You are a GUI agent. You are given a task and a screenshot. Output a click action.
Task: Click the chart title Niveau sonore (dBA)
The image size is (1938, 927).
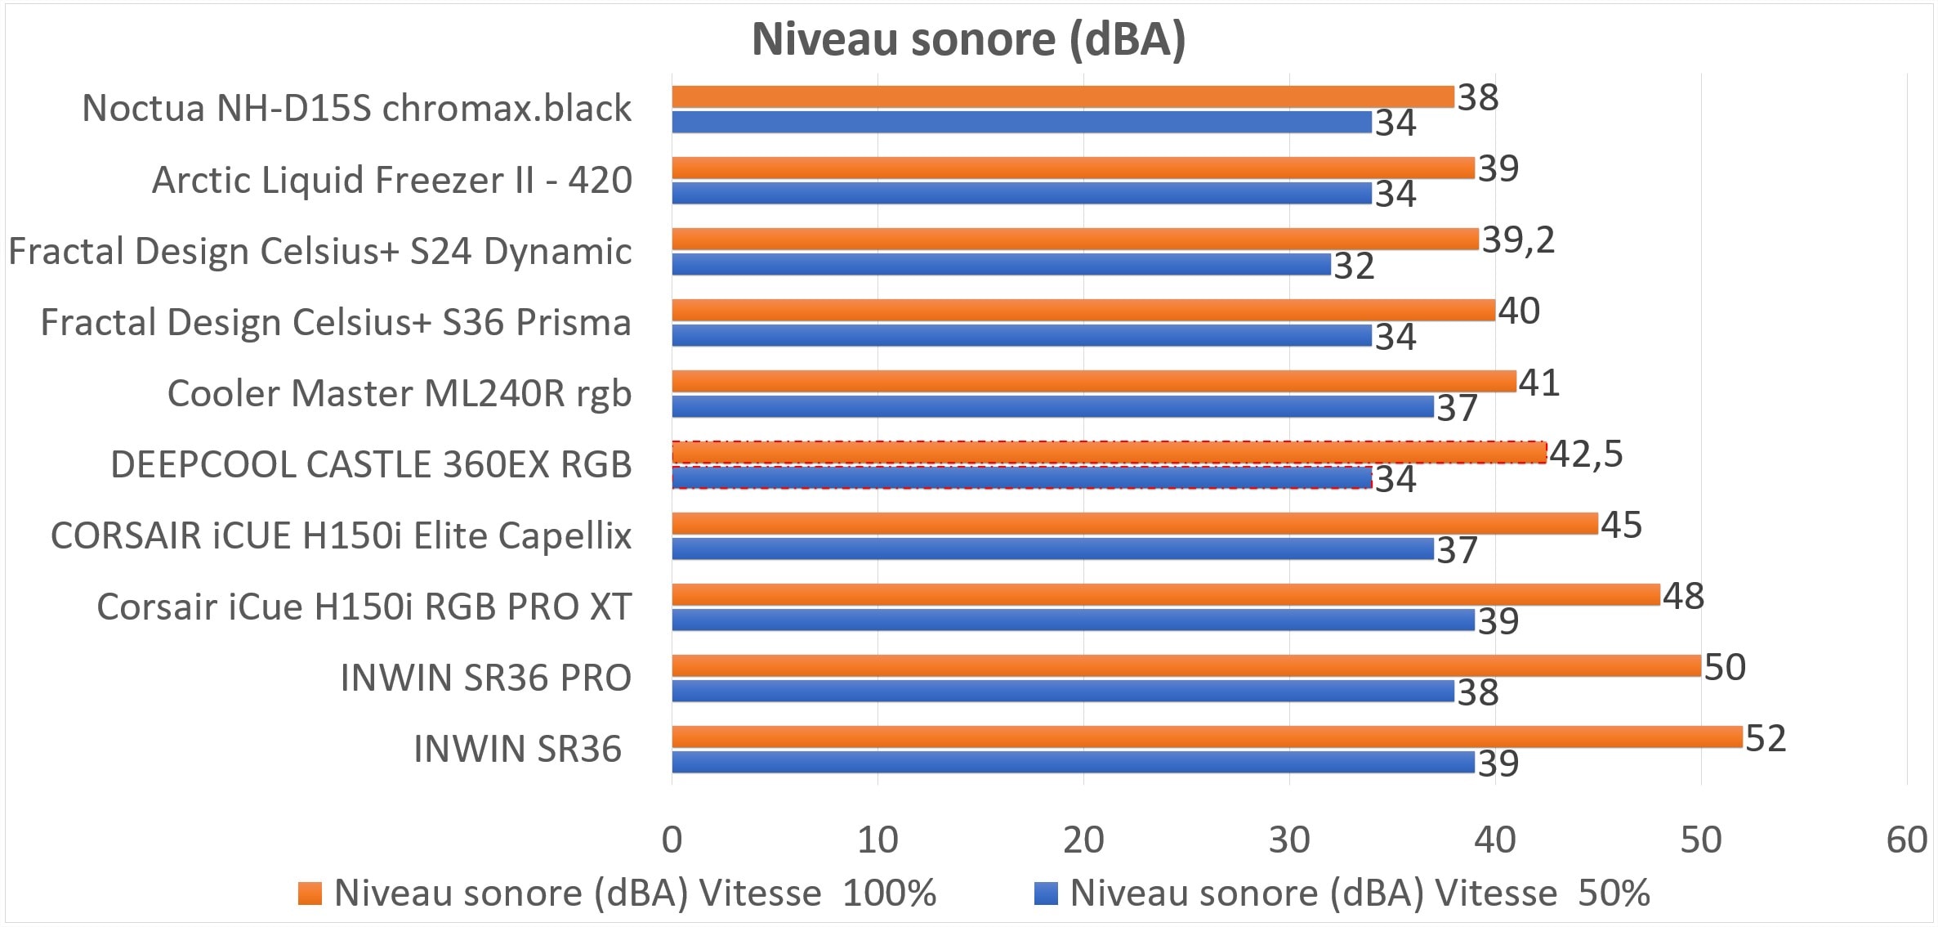click(968, 38)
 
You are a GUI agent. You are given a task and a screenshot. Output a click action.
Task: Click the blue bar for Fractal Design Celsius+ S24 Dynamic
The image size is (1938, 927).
click(1001, 264)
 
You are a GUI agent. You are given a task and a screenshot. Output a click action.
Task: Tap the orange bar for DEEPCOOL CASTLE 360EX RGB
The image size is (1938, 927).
click(1109, 452)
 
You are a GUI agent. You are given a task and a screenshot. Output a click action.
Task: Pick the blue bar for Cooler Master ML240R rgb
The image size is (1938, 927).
click(1052, 406)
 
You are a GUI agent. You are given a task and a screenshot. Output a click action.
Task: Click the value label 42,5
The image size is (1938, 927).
click(1586, 454)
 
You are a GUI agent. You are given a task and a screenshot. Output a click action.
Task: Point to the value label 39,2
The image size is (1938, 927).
click(1518, 240)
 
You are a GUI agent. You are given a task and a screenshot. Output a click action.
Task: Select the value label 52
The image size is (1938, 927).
click(1766, 738)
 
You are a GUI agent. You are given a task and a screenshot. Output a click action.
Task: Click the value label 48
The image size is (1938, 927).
click(1683, 596)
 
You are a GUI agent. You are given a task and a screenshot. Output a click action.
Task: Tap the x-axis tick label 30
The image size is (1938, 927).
click(1289, 840)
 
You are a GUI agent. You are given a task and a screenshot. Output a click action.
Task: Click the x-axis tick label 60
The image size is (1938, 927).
click(1907, 840)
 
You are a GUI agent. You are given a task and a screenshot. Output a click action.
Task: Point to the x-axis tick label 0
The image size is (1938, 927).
click(672, 840)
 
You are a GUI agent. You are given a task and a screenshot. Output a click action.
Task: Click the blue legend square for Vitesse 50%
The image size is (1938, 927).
click(1046, 893)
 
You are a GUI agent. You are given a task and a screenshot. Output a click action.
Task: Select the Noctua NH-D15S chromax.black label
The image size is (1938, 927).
click(357, 108)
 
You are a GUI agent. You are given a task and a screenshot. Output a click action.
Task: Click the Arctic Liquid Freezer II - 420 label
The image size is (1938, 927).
click(392, 180)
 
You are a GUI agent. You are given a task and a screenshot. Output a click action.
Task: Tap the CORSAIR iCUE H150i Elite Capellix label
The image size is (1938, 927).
click(342, 535)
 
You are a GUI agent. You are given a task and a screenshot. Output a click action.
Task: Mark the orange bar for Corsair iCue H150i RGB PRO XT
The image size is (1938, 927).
click(1165, 595)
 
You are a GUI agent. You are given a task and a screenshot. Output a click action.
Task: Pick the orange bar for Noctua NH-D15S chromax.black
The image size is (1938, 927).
click(1062, 96)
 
